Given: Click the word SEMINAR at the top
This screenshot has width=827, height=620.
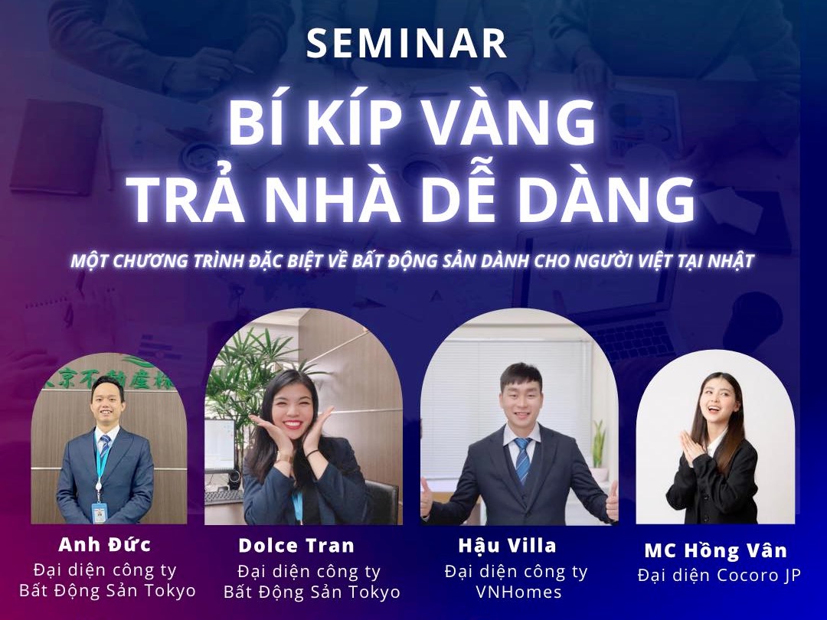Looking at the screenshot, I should [x=407, y=44].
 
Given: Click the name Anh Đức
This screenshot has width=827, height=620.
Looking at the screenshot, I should [x=105, y=545].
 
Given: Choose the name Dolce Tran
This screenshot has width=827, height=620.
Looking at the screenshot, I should [x=296, y=546].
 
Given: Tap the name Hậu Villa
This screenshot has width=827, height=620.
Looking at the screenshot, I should [x=507, y=546].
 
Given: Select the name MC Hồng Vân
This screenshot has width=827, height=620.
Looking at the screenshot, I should [x=715, y=550].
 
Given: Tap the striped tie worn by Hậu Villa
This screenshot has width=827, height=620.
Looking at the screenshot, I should [x=522, y=459].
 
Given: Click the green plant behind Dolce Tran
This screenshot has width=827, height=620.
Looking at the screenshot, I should [x=234, y=383].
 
